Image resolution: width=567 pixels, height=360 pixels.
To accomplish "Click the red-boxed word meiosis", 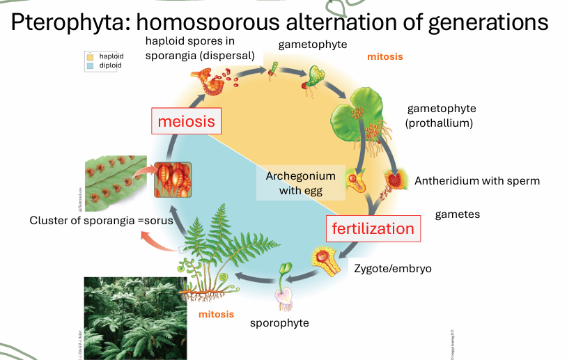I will point(186,122).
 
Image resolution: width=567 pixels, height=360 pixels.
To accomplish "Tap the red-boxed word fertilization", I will point(373,228).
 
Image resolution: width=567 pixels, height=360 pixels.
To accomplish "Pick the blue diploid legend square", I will point(89,65).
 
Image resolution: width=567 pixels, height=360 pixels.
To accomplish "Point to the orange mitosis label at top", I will point(385,56).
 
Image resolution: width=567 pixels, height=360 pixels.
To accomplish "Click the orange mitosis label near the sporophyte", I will point(216,314).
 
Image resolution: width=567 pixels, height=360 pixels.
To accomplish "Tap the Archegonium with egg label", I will point(300,183).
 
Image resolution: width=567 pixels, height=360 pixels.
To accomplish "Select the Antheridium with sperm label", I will point(477,181).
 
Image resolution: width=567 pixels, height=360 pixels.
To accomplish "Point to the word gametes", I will point(458,214).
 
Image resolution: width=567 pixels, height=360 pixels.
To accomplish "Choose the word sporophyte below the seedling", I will point(279,323).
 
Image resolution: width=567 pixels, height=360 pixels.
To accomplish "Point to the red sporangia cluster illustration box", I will point(172,180).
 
